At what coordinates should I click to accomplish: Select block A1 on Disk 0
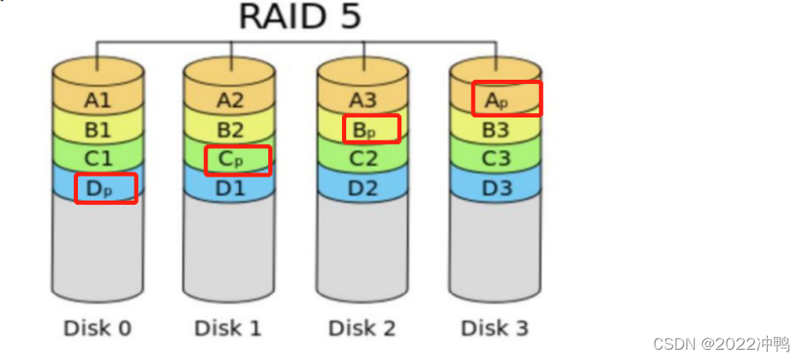pos(98,101)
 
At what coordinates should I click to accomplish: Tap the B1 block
pos(98,130)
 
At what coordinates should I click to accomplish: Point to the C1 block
pos(98,159)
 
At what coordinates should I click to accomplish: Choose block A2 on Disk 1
pos(230,101)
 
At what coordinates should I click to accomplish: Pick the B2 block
pos(230,130)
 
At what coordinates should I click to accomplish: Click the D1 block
pos(230,188)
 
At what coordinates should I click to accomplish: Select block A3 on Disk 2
pos(363,101)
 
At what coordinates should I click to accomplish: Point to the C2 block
pos(363,159)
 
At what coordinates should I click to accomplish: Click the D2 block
pos(363,188)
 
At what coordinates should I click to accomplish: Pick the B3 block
pos(496,130)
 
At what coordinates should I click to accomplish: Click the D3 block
pos(496,188)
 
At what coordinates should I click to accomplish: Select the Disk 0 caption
pos(97,327)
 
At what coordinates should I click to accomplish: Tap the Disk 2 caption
pos(363,327)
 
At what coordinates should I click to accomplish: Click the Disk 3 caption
pos(495,327)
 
